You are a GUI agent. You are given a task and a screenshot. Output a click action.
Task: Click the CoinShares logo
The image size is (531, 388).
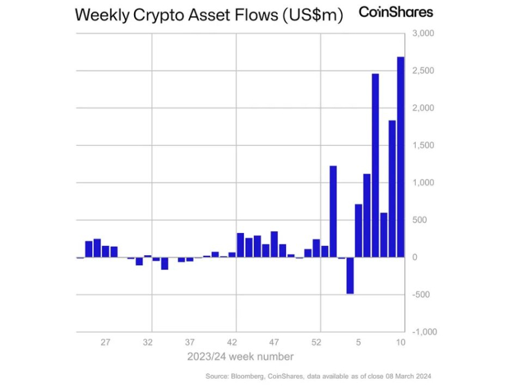pos(396,12)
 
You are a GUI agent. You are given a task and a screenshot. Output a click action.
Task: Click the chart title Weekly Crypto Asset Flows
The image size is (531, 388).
pos(208,15)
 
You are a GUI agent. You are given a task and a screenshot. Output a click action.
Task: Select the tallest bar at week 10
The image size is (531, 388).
pos(400,157)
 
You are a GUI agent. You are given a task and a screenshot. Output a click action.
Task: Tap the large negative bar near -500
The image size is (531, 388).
pos(349,275)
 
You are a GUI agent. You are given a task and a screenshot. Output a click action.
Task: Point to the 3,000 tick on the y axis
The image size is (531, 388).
pos(423,33)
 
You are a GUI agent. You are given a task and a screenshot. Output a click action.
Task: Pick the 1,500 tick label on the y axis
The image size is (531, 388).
pos(423,146)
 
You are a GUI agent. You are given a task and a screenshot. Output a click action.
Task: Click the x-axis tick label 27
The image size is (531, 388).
pos(105,342)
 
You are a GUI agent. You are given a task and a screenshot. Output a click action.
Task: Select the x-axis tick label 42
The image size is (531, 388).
pos(232,342)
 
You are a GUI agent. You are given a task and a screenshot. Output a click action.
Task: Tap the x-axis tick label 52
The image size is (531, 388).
pos(317,342)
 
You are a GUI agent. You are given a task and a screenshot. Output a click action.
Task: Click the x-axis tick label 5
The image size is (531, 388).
pos(358,342)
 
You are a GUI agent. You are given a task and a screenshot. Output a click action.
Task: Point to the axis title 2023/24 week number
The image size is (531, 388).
pos(240,356)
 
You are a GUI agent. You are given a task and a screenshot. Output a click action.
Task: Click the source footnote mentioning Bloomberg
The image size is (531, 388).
pos(317,376)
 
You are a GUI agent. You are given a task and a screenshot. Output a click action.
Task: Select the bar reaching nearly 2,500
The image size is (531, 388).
pos(375,165)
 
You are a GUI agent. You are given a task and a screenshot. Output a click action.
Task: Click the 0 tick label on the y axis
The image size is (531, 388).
pos(415,257)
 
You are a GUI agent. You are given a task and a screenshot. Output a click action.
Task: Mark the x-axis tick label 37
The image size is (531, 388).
pos(190,342)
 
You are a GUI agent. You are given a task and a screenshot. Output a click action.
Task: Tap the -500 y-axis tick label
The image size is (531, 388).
pos(423,295)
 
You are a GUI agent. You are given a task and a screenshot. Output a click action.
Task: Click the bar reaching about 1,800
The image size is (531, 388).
pos(391,188)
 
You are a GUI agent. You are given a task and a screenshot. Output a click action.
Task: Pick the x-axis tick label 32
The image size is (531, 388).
pos(148,342)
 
